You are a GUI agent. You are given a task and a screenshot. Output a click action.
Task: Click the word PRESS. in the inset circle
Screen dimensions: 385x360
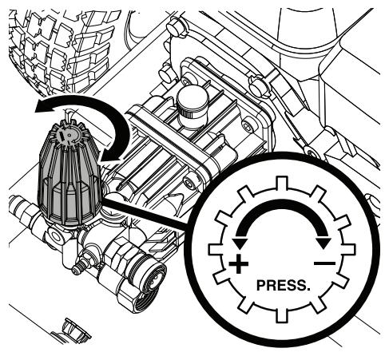click(283, 285)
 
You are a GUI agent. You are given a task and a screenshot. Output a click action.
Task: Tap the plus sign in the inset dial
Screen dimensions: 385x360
click(239, 264)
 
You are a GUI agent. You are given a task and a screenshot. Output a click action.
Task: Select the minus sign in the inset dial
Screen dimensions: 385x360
click(324, 263)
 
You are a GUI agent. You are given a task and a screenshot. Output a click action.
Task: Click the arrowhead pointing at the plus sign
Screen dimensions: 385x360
click(240, 243)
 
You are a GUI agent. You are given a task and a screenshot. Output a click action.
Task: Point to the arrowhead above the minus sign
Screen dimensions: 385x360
click(323, 243)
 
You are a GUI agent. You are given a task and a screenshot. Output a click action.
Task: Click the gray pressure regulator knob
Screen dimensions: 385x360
click(69, 173)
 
